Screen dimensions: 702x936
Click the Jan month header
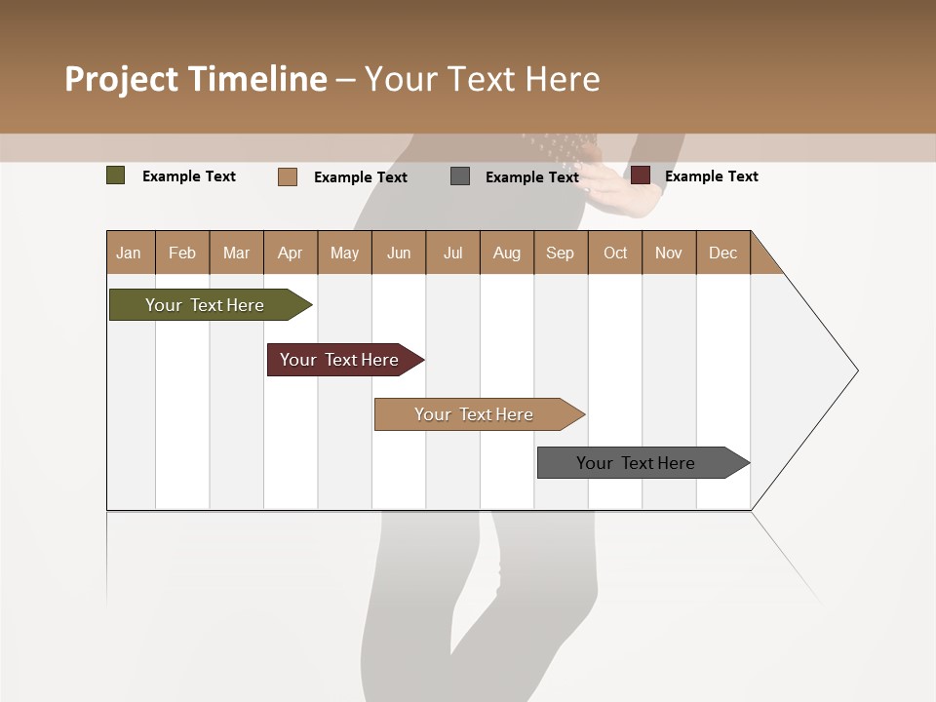click(x=130, y=253)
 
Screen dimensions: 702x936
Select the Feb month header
click(x=182, y=253)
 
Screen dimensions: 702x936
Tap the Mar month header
click(x=236, y=253)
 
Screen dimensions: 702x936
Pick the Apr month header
click(x=291, y=253)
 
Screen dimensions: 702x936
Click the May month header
click(x=344, y=253)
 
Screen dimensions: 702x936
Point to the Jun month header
click(x=399, y=253)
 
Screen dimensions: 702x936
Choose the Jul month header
click(x=452, y=253)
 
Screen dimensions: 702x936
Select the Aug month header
click(x=507, y=253)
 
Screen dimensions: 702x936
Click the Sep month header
click(x=561, y=253)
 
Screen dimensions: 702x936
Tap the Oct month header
click(x=615, y=253)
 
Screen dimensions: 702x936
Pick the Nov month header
click(x=669, y=253)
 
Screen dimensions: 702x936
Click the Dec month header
click(x=723, y=253)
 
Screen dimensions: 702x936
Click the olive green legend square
click(x=116, y=175)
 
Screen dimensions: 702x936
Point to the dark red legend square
click(x=641, y=175)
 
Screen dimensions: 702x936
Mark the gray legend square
click(x=460, y=175)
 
